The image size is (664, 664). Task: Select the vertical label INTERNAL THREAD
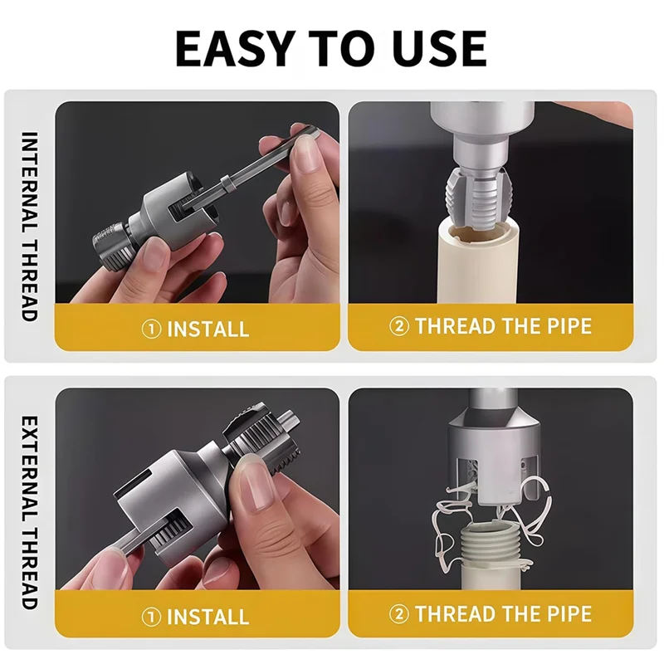point(29,226)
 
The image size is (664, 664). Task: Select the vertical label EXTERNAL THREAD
point(29,512)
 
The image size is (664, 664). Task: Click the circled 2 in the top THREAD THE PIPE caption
point(399,326)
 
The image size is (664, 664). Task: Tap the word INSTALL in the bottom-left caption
point(207,617)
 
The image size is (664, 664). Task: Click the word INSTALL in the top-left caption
point(207,329)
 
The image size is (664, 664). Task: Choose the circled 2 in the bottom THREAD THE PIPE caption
point(399,614)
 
